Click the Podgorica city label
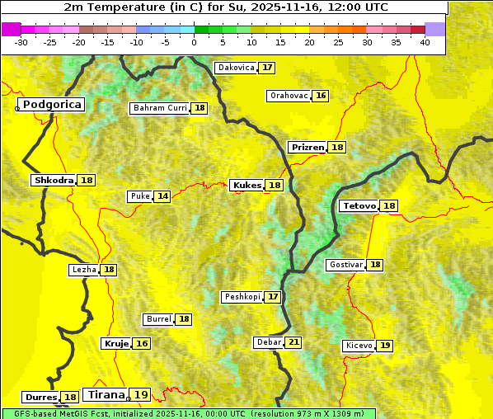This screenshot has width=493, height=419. (x=52, y=105)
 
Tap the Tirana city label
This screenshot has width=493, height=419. (x=105, y=395)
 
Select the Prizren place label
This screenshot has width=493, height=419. (x=307, y=148)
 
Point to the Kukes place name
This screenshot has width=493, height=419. (x=246, y=186)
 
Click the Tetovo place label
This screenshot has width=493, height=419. (x=359, y=205)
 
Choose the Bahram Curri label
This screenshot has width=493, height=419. (x=160, y=108)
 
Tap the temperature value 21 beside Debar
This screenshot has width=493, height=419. (x=293, y=342)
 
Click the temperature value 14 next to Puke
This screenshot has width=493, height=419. (x=163, y=196)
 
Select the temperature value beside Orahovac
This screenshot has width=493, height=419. (x=322, y=96)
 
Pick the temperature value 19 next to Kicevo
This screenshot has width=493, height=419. (x=385, y=346)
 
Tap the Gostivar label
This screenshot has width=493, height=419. (x=345, y=265)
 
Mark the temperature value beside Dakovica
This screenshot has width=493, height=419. (x=267, y=68)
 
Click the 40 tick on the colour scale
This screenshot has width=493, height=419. (x=425, y=42)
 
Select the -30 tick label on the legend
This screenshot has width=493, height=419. (x=21, y=42)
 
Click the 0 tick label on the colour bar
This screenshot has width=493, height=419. (x=194, y=42)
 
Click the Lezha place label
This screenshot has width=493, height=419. (x=83, y=270)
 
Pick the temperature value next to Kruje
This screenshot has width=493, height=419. (x=142, y=343)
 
